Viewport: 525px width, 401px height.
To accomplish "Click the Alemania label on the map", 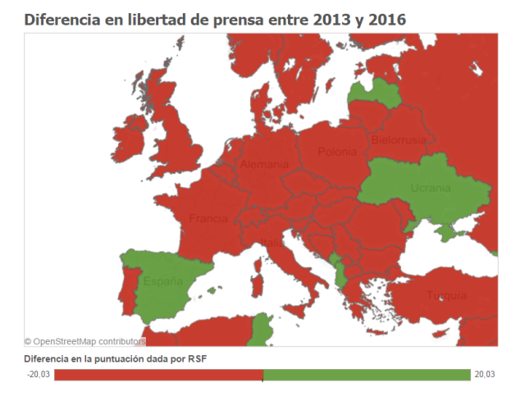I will click(x=264, y=165).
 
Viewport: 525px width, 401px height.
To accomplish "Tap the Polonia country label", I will click(x=337, y=152).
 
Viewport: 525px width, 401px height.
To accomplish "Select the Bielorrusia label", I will click(x=398, y=140).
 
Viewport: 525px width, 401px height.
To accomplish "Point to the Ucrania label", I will click(x=431, y=188).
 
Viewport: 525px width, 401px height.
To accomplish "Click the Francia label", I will click(x=208, y=219).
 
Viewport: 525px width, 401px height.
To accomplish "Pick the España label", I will click(x=163, y=281).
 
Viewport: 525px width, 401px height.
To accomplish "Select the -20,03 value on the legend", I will click(x=39, y=375).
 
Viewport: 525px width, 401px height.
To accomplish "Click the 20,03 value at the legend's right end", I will click(x=484, y=375).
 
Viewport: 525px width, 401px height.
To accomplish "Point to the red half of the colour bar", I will click(x=158, y=375).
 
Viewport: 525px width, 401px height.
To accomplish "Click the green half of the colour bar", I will click(x=367, y=375).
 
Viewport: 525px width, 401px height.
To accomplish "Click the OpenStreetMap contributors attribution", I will click(x=84, y=340).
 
